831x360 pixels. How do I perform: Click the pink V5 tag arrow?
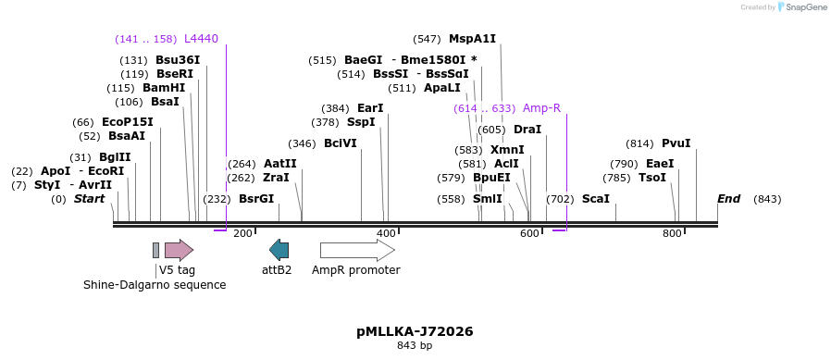pos(179,249)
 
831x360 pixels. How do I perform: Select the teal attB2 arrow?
pos(279,249)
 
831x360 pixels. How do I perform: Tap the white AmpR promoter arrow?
pos(357,249)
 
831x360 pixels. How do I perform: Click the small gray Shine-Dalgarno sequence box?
pos(156,249)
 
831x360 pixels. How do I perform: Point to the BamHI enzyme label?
pos(164,88)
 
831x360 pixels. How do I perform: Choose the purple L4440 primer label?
pos(201,39)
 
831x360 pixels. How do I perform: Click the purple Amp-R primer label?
pos(541,108)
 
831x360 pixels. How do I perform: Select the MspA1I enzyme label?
pos(472,39)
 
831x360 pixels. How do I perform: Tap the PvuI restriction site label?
pos(676,143)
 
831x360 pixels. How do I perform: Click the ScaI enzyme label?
pos(595,199)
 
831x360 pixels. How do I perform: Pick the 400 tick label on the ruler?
pos(387,233)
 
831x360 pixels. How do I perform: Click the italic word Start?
pos(89,199)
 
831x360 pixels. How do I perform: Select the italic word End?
pos(729,199)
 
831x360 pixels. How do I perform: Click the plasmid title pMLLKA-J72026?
pos(415,330)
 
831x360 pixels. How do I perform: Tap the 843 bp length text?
pos(415,346)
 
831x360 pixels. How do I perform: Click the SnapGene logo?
pos(801,7)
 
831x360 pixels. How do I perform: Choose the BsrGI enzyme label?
pos(256,199)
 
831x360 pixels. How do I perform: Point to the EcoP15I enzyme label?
pos(128,122)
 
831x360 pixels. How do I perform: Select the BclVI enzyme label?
pos(340,143)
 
